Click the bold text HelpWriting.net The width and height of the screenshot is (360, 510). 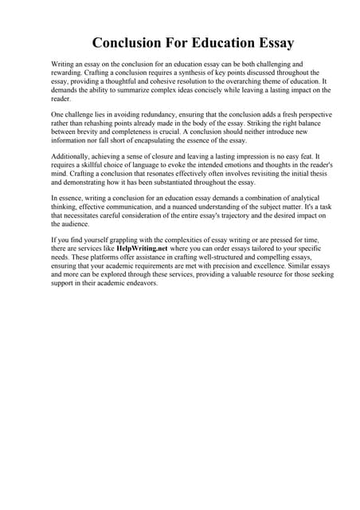143,248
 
